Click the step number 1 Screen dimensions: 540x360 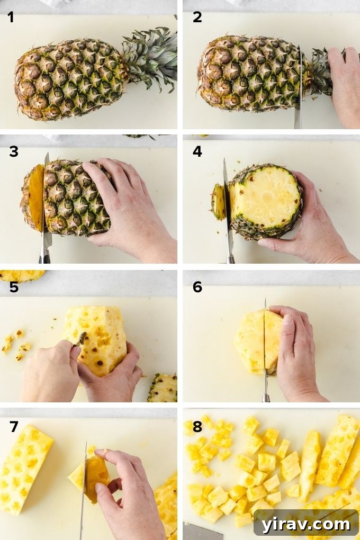click(x=10, y=17)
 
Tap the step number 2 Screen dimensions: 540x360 click(x=197, y=17)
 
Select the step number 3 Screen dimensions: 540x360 click(x=13, y=152)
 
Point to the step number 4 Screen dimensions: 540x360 click(x=197, y=152)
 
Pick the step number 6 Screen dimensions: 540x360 click(x=197, y=287)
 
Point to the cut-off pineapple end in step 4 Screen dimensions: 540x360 click(x=218, y=201)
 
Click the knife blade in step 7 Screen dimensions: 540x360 click(x=83, y=482)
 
